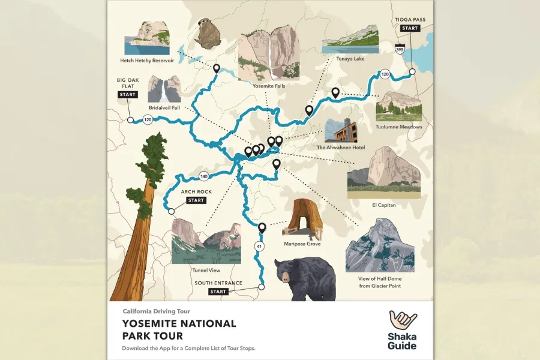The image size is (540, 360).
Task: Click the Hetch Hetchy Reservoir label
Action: tap(148, 61)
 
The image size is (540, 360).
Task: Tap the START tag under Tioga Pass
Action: tap(410, 28)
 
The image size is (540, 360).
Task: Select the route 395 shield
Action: tap(400, 50)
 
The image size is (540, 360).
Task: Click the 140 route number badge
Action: tap(204, 176)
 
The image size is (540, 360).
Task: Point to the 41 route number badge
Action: tap(259, 246)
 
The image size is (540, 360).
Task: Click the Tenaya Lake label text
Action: tap(351, 59)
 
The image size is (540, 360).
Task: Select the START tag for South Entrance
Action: tap(218, 292)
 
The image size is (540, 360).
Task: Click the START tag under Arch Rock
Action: tap(196, 200)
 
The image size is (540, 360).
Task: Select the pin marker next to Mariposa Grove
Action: tap(262, 228)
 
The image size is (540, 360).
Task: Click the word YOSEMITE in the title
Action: tap(152, 324)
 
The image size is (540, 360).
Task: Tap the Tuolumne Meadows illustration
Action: tap(398, 106)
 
